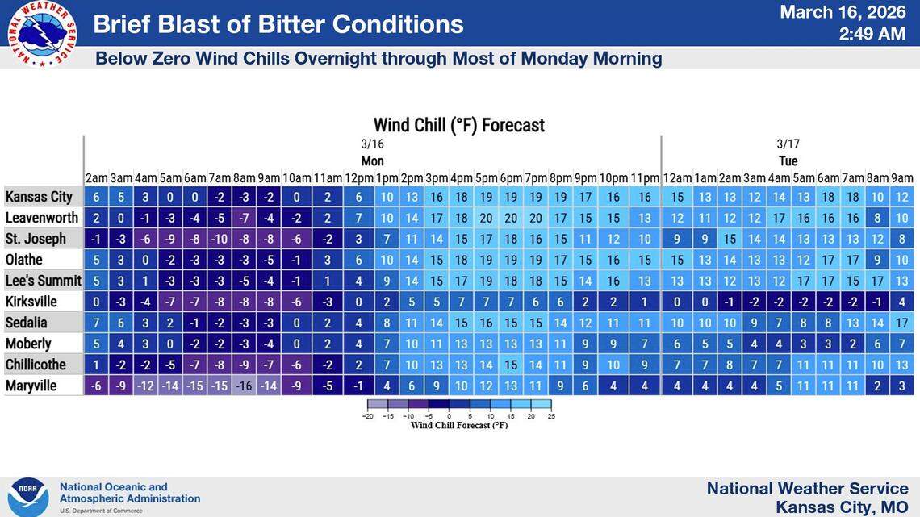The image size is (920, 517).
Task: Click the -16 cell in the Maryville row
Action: point(245,386)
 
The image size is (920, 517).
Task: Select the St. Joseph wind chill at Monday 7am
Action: point(220,239)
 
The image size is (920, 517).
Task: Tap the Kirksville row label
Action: point(31,302)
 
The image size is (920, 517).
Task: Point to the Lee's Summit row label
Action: point(43,281)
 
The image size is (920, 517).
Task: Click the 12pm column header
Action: point(358,178)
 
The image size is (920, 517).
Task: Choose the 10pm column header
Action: point(613,178)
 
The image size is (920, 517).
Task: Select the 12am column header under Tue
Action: point(677,178)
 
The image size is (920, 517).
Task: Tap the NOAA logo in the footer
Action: point(28,496)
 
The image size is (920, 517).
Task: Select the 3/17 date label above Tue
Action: point(788,144)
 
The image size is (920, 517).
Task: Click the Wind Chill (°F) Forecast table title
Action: point(458,125)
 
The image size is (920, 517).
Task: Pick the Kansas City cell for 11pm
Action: point(645,197)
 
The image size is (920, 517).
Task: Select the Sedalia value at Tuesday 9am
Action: point(901,323)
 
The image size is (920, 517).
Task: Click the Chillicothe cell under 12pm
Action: point(358,365)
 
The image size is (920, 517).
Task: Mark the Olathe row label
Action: point(24,260)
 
